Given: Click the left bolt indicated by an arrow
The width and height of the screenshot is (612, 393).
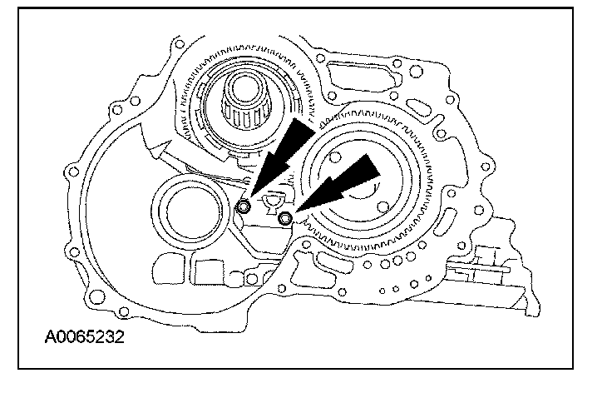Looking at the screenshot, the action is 245,206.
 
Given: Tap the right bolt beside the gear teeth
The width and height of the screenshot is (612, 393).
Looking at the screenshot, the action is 285,219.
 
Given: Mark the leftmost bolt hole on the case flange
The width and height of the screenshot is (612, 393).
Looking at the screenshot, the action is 75,173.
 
